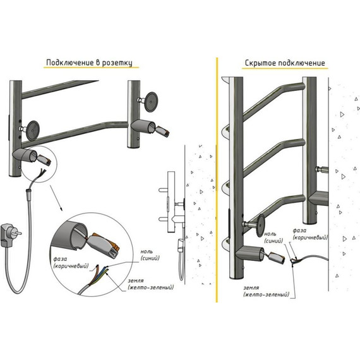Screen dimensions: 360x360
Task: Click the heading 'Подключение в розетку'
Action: [x=89, y=63]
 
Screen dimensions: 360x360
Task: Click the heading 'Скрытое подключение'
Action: [x=285, y=63]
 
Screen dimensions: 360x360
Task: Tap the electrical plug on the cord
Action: [x=9, y=235]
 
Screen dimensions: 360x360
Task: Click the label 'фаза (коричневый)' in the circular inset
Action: [x=71, y=263]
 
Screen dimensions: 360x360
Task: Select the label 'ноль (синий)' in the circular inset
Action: [x=150, y=255]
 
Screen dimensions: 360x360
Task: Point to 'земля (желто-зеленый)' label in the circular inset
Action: [x=150, y=284]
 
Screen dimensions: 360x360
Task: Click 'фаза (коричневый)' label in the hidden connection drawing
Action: [x=310, y=234]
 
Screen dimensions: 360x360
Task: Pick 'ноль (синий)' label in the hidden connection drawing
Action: [x=273, y=237]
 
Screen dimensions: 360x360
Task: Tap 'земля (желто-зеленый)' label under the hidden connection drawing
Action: [x=266, y=291]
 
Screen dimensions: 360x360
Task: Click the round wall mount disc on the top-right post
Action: [x=151, y=102]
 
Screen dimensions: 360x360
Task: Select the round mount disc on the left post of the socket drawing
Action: [x=33, y=131]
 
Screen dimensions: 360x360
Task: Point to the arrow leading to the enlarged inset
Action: [x=56, y=198]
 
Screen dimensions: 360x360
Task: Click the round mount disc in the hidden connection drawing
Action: [x=261, y=225]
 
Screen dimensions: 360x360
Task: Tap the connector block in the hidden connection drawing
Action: [x=277, y=258]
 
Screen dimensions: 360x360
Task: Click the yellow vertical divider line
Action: [x=217, y=180]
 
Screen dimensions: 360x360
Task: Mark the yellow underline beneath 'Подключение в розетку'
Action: [x=91, y=68]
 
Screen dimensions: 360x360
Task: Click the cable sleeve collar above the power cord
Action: [x=28, y=190]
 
